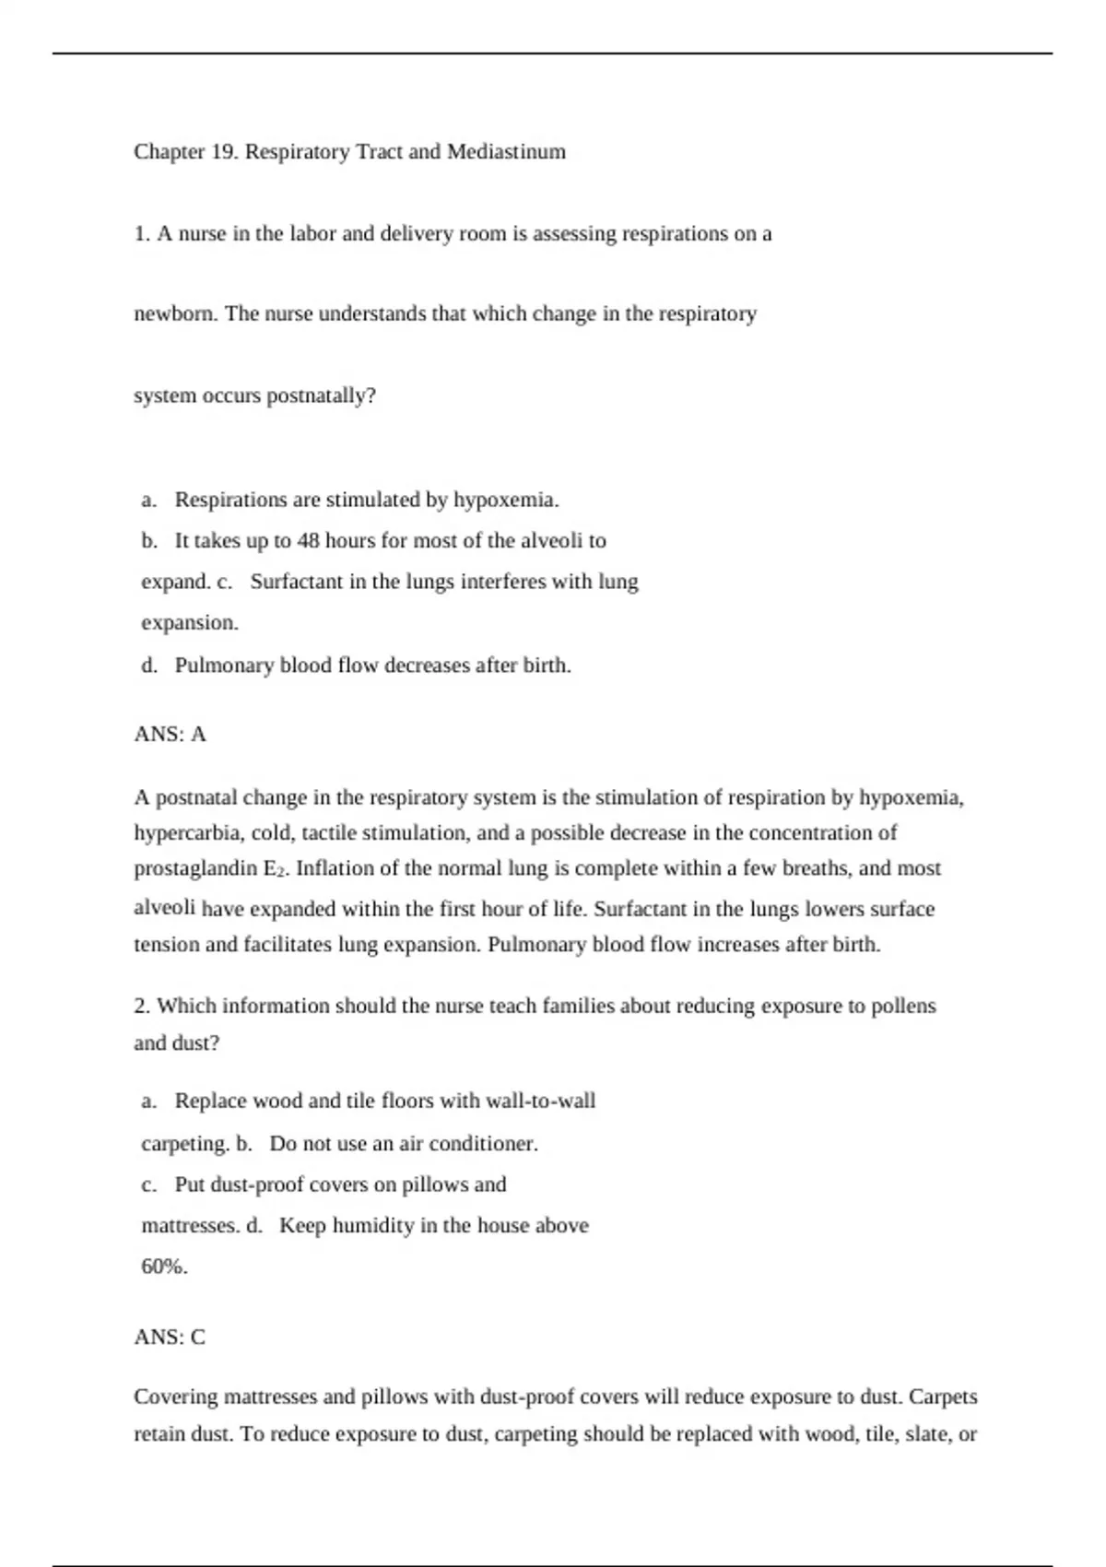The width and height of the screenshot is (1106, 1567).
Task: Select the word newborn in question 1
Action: coord(175,314)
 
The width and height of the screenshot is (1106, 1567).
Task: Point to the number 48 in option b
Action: coord(308,541)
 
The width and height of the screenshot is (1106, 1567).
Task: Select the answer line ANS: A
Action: coord(170,734)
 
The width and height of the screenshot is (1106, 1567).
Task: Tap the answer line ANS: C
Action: coord(170,1337)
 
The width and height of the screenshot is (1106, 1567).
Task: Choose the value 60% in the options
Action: coord(164,1267)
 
